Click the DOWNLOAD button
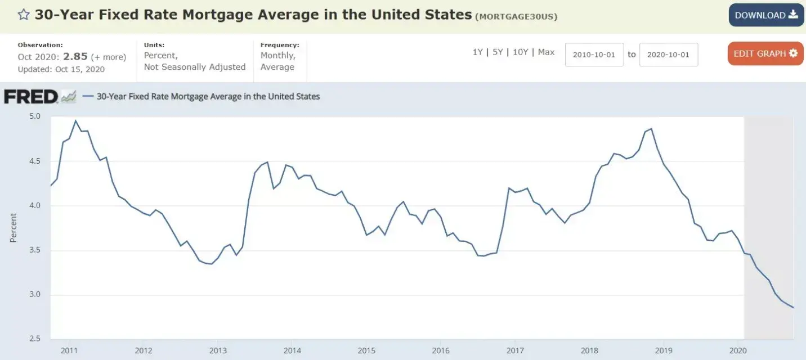pyautogui.click(x=766, y=15)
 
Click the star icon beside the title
pyautogui.click(x=23, y=15)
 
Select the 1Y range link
pyautogui.click(x=477, y=52)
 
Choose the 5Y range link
pyautogui.click(x=498, y=52)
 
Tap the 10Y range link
pyautogui.click(x=520, y=52)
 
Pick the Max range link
pyautogui.click(x=546, y=52)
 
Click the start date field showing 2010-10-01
pyautogui.click(x=594, y=55)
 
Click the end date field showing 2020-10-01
pyautogui.click(x=668, y=55)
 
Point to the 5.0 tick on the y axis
pyautogui.click(x=34, y=116)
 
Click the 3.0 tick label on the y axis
pyautogui.click(x=34, y=295)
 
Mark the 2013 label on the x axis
pyautogui.click(x=218, y=350)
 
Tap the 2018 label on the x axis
pyautogui.click(x=589, y=350)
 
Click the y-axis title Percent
pyautogui.click(x=14, y=228)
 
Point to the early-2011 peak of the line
pyautogui.click(x=75, y=120)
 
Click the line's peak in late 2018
pyautogui.click(x=651, y=129)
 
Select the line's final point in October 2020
pyautogui.click(x=794, y=308)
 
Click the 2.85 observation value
pyautogui.click(x=75, y=57)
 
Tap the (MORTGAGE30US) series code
pyautogui.click(x=516, y=16)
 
